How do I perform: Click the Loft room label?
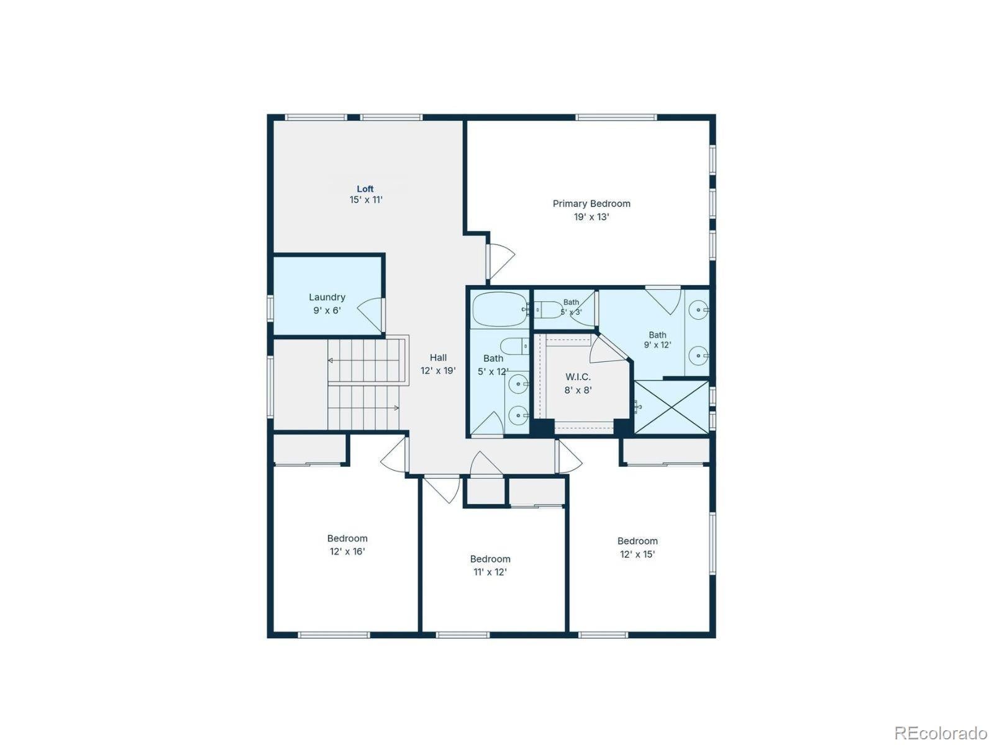(365, 189)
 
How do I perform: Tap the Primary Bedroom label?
(591, 204)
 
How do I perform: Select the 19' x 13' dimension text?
(591, 217)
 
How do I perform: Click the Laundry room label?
(327, 297)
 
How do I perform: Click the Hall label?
(438, 358)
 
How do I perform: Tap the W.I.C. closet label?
(578, 376)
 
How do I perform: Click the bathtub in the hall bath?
(500, 309)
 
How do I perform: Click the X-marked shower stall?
(671, 407)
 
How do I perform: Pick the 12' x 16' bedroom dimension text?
(347, 551)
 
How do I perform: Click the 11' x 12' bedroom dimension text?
(490, 572)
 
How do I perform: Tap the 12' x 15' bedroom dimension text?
(637, 554)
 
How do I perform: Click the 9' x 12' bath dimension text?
(657, 345)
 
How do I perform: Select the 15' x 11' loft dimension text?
(366, 199)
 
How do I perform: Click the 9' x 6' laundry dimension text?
(327, 310)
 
